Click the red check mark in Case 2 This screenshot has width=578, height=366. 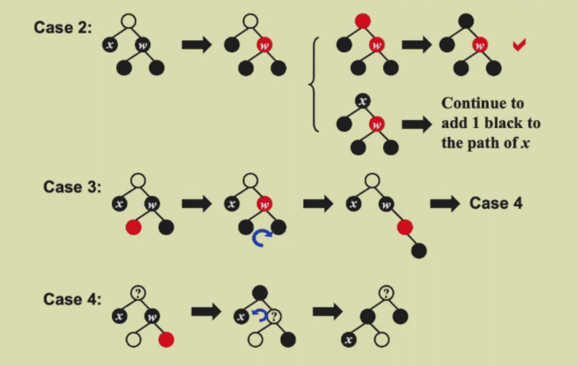click(519, 45)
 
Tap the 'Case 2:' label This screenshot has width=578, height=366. click(63, 27)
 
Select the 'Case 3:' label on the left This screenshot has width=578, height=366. click(72, 187)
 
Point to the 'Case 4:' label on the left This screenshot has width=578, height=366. click(72, 299)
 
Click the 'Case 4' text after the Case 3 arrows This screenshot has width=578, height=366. click(496, 203)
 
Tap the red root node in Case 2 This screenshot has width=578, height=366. click(363, 21)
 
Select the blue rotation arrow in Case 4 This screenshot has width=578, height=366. click(260, 314)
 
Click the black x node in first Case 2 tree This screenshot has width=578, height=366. click(110, 45)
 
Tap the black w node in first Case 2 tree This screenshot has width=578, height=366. click(143, 45)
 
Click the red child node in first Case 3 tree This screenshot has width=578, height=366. click(133, 227)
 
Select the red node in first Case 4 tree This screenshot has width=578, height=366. click(166, 340)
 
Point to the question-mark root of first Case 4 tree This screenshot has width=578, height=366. click(138, 293)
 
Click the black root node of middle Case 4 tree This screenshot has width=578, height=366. click(260, 293)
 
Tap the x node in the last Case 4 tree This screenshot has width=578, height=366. click(349, 340)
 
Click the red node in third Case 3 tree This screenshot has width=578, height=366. click(404, 227)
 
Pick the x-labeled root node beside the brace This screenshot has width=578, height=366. click(363, 101)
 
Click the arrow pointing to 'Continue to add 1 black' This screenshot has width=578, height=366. click(417, 124)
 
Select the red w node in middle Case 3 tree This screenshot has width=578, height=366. click(264, 204)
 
